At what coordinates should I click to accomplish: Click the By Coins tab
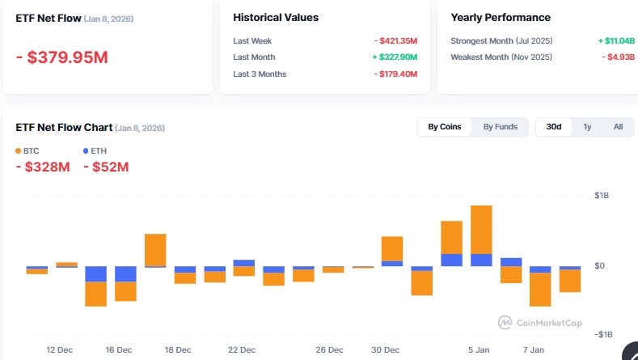coord(444,127)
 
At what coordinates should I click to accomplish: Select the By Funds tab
coord(500,127)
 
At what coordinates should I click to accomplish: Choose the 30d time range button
coord(554,127)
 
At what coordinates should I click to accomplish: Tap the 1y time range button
coord(587,127)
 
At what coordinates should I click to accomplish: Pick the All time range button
coord(618,127)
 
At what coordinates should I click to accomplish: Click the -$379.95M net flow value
coord(62,57)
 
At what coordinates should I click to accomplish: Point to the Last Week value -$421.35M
coord(395,40)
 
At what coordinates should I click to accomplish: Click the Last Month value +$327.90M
coord(395,57)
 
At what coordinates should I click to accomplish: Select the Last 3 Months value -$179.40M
coord(395,74)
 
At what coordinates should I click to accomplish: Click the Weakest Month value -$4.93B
coord(618,57)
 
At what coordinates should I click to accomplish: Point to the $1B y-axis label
coord(603,196)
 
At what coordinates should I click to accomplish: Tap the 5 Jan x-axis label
coord(480,350)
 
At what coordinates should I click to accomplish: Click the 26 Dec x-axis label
coord(329,350)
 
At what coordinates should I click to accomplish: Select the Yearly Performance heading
coord(500,17)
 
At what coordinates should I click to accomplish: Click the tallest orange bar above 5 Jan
coord(481,230)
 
